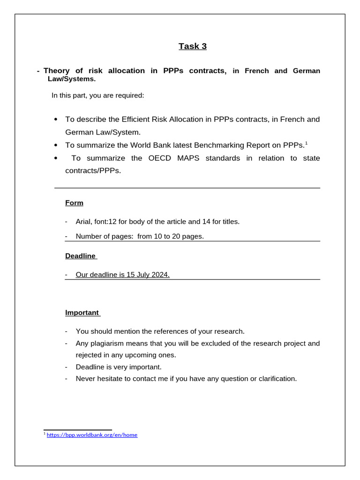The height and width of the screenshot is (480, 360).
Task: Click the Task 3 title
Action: pos(192,46)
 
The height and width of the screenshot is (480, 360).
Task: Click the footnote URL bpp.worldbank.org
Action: pos(92,435)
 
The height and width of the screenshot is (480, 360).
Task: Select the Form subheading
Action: pos(74,203)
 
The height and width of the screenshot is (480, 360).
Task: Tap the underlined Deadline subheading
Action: pos(80,256)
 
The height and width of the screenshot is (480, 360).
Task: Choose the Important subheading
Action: pos(82,313)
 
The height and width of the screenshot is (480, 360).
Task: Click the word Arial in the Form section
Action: pos(84,222)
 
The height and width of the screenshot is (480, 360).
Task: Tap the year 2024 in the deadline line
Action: pos(160,275)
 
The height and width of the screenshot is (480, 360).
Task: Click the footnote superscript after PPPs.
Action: pos(306,143)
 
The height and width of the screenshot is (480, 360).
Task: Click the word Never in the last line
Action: pos(86,379)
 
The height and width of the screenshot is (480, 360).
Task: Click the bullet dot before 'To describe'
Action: pos(56,120)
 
